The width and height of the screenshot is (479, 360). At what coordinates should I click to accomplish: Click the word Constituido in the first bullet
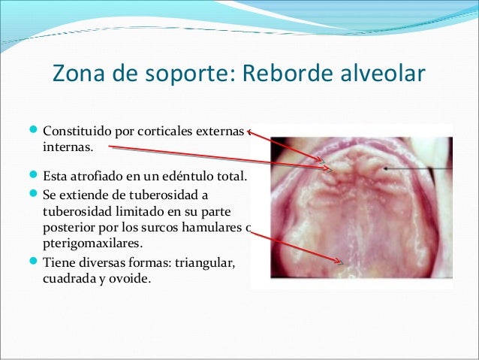[x=77, y=134]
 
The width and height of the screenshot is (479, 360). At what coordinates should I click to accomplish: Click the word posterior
[x=70, y=229]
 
